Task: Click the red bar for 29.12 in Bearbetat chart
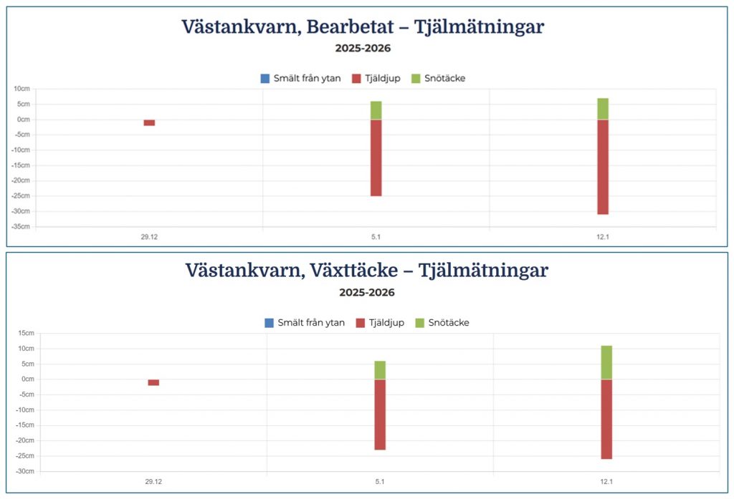[149, 122]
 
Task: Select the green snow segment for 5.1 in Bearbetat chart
[376, 110]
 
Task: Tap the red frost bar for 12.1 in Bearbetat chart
[603, 167]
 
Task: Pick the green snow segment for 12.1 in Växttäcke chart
[606, 362]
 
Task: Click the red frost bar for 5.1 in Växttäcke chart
[380, 415]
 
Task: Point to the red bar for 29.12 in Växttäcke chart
[153, 382]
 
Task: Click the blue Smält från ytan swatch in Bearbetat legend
[265, 78]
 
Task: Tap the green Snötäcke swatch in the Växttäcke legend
[420, 323]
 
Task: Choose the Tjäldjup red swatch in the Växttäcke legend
[361, 323]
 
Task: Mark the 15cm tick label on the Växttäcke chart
[26, 333]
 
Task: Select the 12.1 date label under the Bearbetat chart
[603, 236]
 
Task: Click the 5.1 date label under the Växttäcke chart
[380, 481]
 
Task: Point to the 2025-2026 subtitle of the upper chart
[363, 49]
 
